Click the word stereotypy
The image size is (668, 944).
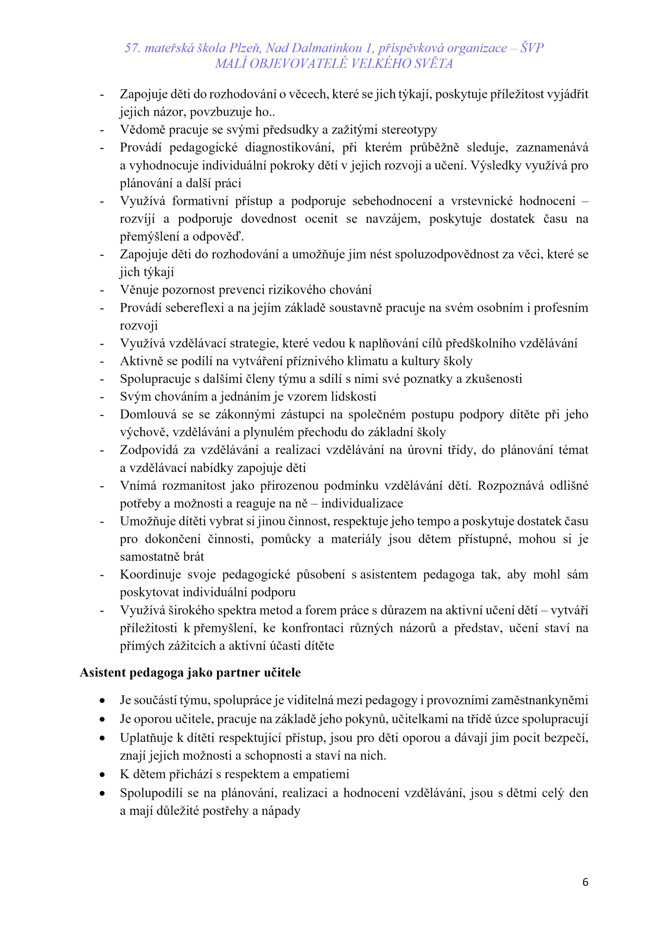pyautogui.click(x=409, y=130)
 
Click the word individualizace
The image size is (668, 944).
pyautogui.click(x=362, y=503)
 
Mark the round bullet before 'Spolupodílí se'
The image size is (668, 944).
pyautogui.click(x=102, y=794)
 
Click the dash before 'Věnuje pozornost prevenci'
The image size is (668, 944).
pyautogui.click(x=102, y=290)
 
